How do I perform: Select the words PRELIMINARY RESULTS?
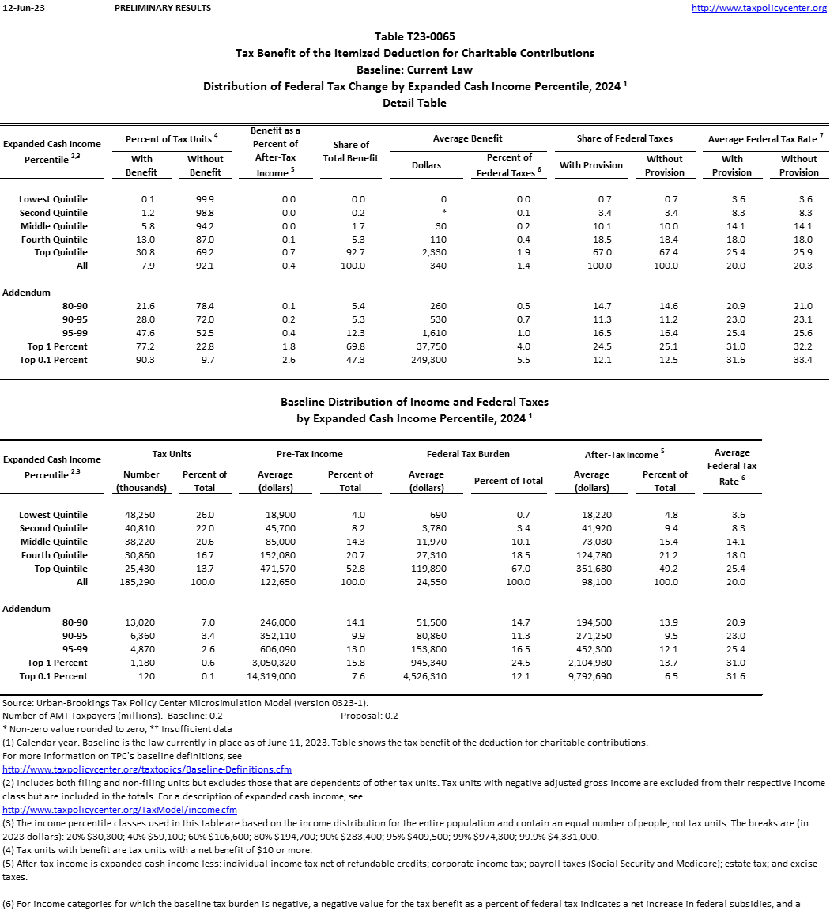(x=163, y=8)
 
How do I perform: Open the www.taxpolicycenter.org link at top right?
(x=759, y=8)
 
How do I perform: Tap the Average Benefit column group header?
(x=468, y=138)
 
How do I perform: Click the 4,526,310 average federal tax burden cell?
(x=425, y=676)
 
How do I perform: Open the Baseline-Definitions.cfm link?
(x=147, y=769)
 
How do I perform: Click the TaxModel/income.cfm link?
(x=120, y=809)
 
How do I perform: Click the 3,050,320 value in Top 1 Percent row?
(x=276, y=663)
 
